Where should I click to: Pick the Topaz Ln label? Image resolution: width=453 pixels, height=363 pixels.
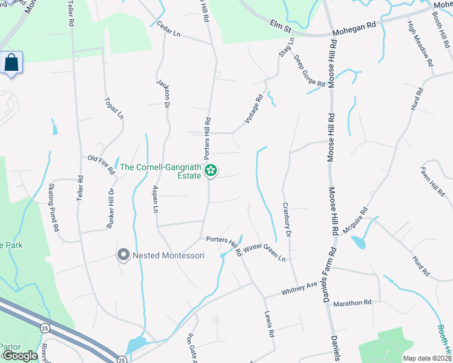click(x=113, y=107)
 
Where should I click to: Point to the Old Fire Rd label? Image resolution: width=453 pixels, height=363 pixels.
click(x=101, y=164)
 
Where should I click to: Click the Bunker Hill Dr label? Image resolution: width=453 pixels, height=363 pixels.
click(x=111, y=208)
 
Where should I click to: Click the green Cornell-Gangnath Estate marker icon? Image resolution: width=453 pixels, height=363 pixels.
click(x=211, y=171)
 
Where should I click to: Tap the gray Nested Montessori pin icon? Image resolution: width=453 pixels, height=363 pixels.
click(x=124, y=255)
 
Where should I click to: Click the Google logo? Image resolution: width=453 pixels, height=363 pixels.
click(x=20, y=356)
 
